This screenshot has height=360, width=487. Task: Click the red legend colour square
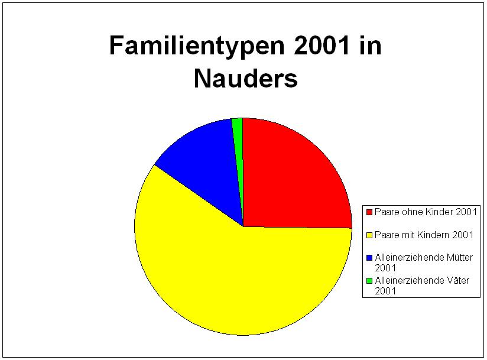pyautogui.click(x=369, y=212)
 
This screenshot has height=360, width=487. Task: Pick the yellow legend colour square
pyautogui.click(x=369, y=235)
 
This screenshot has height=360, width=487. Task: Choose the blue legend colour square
pyautogui.click(x=369, y=258)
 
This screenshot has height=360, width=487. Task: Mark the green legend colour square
pyautogui.click(x=369, y=281)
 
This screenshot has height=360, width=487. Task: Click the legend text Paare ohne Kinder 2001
pyautogui.click(x=426, y=212)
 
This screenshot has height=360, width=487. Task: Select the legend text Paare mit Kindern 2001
pyautogui.click(x=424, y=235)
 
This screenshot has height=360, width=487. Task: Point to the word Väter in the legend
pyautogui.click(x=458, y=280)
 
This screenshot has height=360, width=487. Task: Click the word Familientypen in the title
pyautogui.click(x=197, y=47)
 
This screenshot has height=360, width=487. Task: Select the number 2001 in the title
pyautogui.click(x=322, y=46)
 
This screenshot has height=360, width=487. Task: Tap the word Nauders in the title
pyautogui.click(x=246, y=78)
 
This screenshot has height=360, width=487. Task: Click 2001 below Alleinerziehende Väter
pyautogui.click(x=385, y=291)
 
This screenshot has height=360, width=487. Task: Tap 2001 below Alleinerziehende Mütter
pyautogui.click(x=385, y=268)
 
